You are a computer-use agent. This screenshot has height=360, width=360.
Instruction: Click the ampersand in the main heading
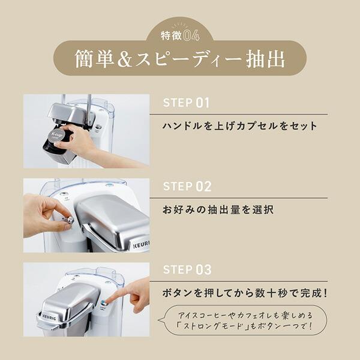click(x=129, y=58)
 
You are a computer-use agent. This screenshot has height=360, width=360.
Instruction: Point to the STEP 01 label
click(x=187, y=103)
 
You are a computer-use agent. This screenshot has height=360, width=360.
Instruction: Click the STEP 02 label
click(x=187, y=186)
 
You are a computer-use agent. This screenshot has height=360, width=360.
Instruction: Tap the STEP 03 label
click(x=187, y=270)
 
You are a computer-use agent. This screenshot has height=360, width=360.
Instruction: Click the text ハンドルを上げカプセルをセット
click(x=240, y=127)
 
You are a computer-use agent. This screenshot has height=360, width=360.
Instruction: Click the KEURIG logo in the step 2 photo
click(x=140, y=244)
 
